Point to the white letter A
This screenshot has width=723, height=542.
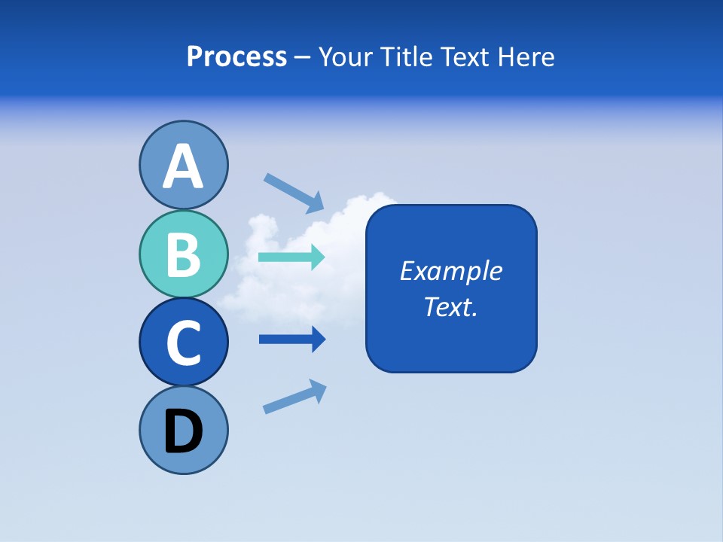(183, 166)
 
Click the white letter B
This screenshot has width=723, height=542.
(183, 254)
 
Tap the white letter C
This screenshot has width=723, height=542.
(183, 343)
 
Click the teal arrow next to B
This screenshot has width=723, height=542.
(291, 257)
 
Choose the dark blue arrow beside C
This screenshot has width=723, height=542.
(291, 340)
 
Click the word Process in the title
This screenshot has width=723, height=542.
(236, 57)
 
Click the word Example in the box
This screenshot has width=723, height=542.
(451, 271)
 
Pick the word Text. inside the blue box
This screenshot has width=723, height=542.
(451, 307)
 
